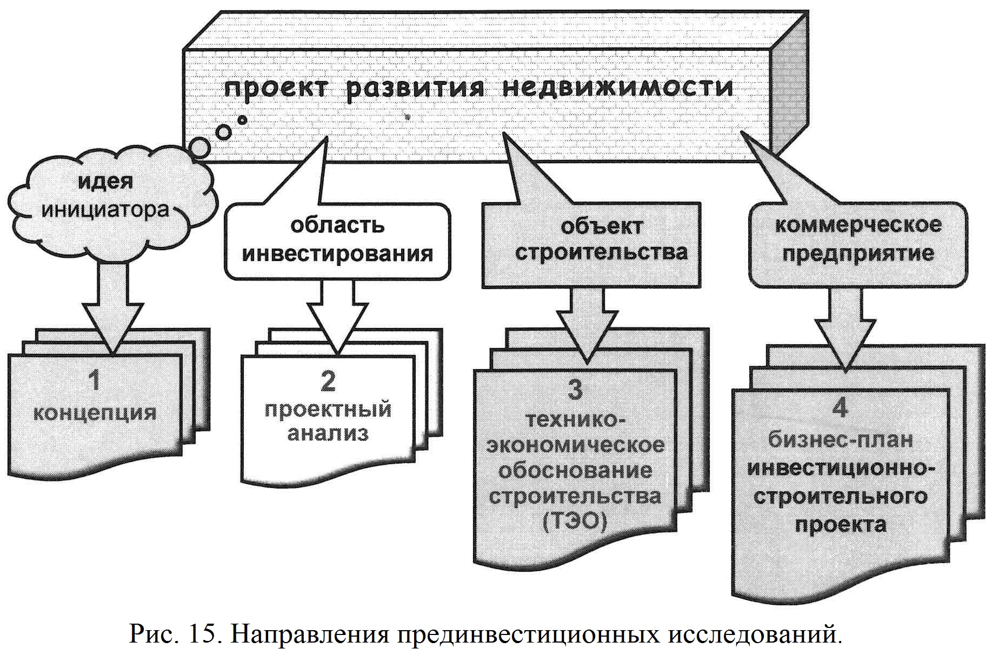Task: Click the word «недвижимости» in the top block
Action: tap(618, 88)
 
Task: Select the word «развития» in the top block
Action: tap(415, 88)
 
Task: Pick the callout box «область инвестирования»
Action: tap(337, 240)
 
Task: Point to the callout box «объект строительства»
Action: tap(591, 243)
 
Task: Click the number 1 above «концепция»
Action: tap(95, 380)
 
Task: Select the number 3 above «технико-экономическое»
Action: tap(575, 390)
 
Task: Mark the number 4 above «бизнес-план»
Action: tap(840, 409)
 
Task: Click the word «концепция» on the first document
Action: tap(95, 412)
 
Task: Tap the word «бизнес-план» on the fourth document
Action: tap(841, 439)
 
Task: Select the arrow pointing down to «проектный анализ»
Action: tap(339, 319)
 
